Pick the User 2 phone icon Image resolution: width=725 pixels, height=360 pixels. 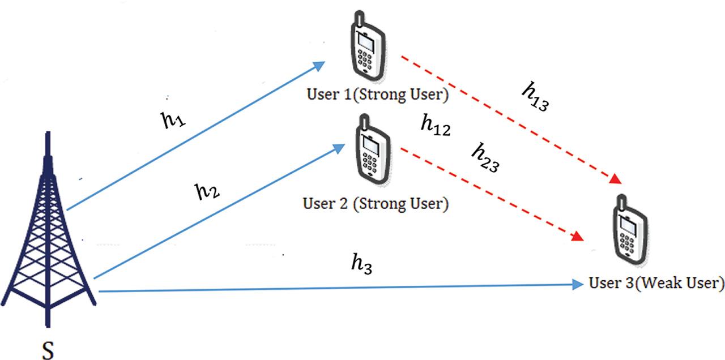point(372,151)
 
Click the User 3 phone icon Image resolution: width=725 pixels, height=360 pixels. point(629,232)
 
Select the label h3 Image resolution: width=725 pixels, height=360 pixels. point(361,263)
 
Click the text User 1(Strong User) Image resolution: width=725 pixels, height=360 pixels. point(377,94)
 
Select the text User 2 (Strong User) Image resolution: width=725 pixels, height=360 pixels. point(376,203)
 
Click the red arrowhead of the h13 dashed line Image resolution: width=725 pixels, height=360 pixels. point(616,180)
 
